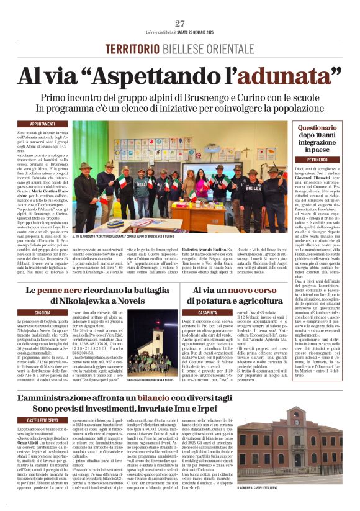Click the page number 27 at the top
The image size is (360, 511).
pos(180,24)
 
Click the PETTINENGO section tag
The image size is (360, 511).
pos(317,160)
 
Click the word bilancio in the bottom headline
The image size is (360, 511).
pos(171,398)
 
